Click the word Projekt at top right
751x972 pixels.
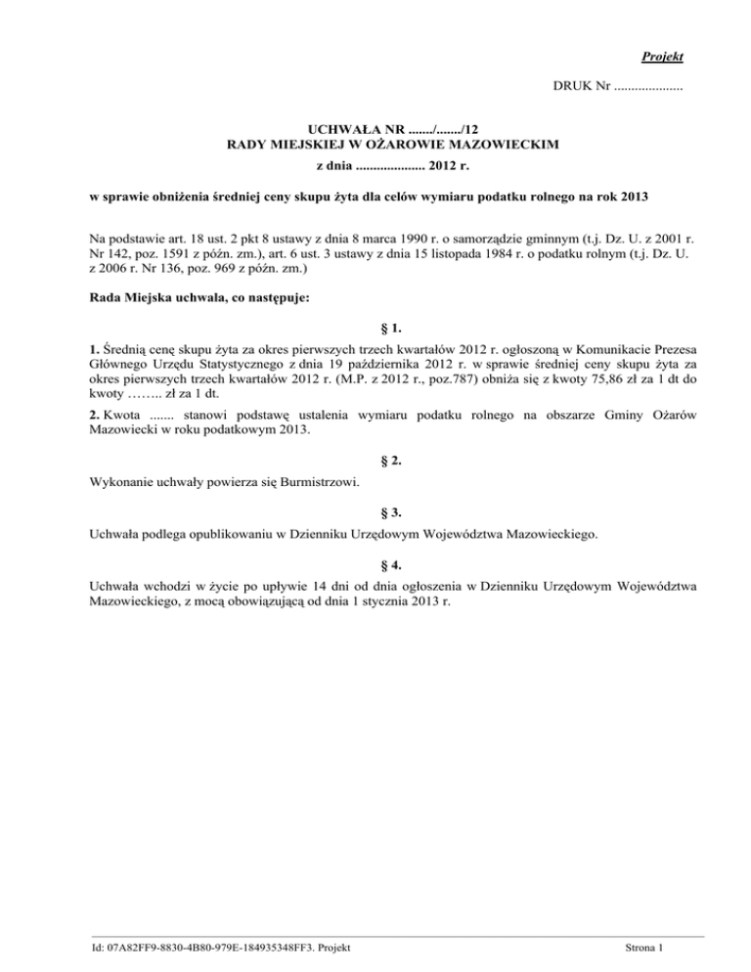pyautogui.click(x=663, y=57)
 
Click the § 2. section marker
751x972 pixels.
pyautogui.click(x=391, y=460)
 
